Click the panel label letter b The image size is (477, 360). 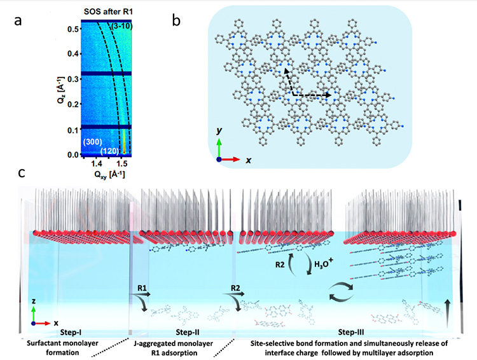pyautogui.click(x=182, y=21)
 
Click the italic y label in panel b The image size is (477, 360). pyautogui.click(x=219, y=130)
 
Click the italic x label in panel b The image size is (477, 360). pyautogui.click(x=248, y=161)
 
